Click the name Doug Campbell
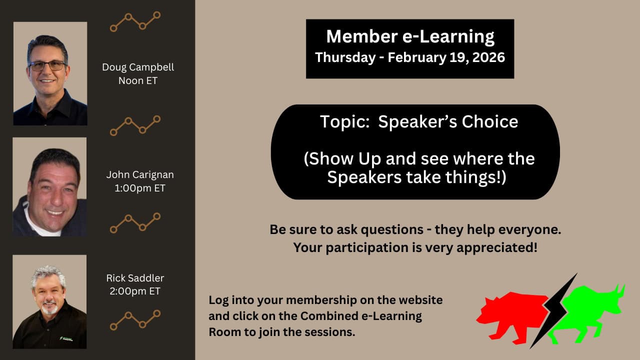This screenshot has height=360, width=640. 138,67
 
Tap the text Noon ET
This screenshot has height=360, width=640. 138,80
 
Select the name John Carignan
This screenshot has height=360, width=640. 140,175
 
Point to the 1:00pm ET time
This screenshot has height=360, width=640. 140,188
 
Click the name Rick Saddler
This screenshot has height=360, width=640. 135,278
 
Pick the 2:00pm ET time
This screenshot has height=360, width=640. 135,291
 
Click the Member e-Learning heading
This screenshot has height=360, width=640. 410,37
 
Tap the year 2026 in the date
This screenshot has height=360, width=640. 488,57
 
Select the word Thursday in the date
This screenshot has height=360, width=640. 345,57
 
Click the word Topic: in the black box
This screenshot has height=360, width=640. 345,121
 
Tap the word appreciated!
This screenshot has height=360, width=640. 497,247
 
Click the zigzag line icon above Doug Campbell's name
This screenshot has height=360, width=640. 135,21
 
